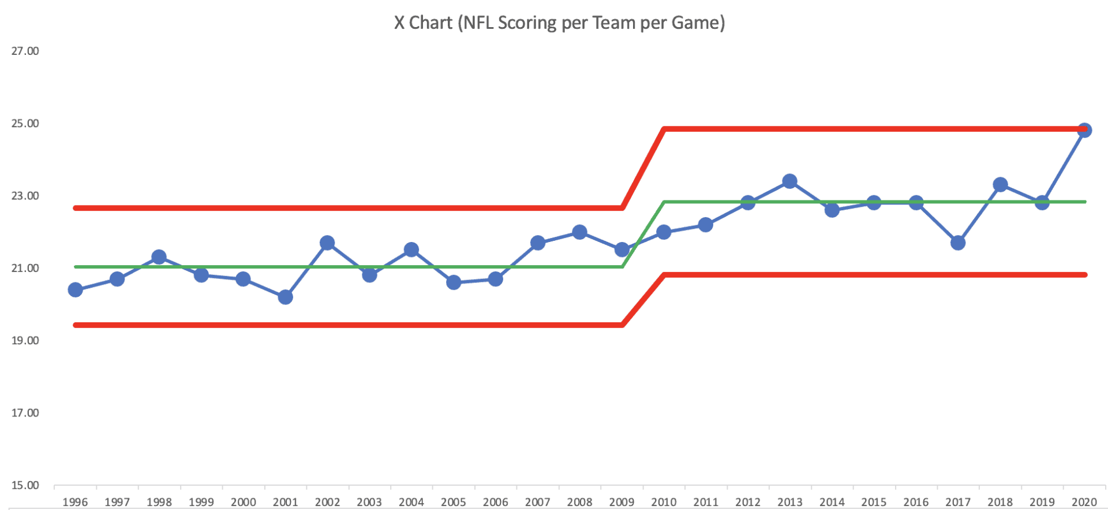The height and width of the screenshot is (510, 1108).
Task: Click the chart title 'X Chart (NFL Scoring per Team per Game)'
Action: click(559, 23)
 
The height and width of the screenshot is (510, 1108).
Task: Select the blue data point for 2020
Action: click(1084, 130)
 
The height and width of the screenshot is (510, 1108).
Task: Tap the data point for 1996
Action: click(75, 289)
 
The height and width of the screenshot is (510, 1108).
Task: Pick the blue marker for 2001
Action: click(285, 297)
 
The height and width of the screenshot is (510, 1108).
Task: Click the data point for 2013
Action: click(789, 181)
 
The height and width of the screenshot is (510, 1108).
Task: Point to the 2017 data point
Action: click(958, 243)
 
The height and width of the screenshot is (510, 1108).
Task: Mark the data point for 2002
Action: click(327, 243)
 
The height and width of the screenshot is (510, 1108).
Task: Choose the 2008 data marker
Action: click(579, 232)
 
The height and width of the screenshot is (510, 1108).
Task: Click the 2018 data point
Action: click(1000, 185)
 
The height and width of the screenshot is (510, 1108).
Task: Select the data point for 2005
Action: click(454, 282)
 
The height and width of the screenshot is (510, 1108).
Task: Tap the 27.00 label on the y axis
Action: click(25, 51)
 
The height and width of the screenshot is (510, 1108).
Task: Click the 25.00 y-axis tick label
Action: click(25, 124)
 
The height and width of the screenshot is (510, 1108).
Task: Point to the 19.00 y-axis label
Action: click(25, 341)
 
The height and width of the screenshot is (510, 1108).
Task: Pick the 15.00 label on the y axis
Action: click(25, 485)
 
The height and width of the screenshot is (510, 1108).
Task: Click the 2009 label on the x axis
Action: click(622, 502)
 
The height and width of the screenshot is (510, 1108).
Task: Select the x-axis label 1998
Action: click(159, 502)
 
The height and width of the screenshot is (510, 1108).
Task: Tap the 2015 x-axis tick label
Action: click(874, 502)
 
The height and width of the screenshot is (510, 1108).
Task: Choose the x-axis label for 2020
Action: click(1084, 502)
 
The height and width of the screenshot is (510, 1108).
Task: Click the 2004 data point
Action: click(411, 250)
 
